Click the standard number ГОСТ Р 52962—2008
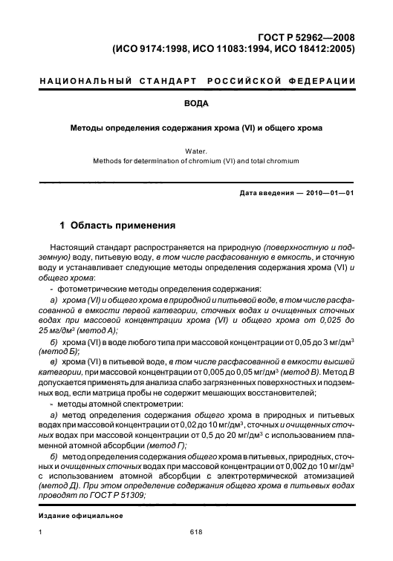306,37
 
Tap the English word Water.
196,151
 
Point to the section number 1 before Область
62,224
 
